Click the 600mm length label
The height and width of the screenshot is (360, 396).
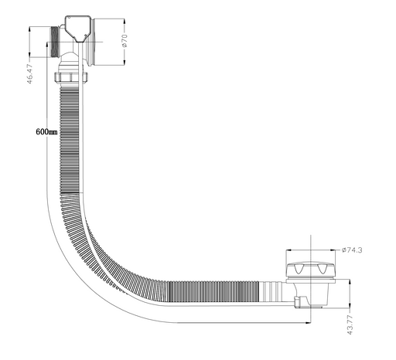click(x=46, y=132)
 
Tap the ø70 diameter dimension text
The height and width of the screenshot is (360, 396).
click(x=125, y=41)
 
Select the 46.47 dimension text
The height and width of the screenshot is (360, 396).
click(x=30, y=74)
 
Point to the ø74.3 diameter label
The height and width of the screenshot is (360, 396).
click(x=352, y=250)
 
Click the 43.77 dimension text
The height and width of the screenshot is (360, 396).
click(x=350, y=324)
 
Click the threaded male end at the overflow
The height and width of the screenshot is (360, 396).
click(x=54, y=42)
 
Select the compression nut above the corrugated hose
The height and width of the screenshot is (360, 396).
click(x=71, y=77)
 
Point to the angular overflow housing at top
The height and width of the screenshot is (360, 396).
click(x=78, y=29)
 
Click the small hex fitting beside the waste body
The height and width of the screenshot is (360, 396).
click(x=298, y=302)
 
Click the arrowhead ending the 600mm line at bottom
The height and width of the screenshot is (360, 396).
click(x=308, y=322)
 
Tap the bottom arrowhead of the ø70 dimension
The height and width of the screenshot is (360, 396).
click(x=125, y=62)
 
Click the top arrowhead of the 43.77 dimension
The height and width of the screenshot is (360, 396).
click(x=350, y=283)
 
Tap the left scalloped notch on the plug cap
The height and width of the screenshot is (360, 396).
click(x=297, y=269)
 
